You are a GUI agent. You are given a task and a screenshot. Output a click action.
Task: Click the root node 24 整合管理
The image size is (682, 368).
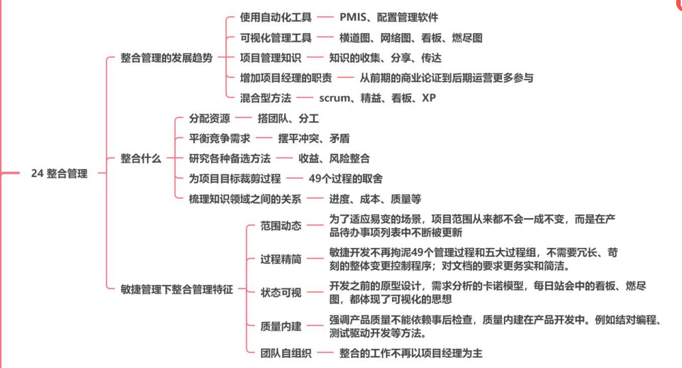click(59, 174)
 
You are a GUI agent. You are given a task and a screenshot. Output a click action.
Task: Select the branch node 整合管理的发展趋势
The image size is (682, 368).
click(167, 58)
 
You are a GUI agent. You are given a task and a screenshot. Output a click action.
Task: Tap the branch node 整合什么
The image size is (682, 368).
click(140, 158)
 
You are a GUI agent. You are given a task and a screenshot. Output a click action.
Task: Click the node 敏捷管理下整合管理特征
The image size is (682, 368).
click(177, 289)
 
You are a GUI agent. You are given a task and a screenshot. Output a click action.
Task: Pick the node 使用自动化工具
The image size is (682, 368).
click(275, 17)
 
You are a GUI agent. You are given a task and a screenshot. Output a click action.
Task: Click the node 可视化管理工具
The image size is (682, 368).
click(275, 38)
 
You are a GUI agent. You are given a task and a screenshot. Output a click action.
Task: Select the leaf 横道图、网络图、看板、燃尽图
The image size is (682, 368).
click(411, 38)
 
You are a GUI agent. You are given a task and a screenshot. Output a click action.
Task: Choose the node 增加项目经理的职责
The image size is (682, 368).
click(286, 78)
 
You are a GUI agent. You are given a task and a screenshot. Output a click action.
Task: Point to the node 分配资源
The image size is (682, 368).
click(210, 119)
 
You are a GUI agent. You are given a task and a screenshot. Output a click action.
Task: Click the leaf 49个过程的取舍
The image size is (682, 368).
click(345, 178)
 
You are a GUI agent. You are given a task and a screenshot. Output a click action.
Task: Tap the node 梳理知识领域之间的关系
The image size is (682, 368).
click(245, 198)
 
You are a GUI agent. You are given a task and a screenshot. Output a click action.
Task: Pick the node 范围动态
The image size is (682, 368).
click(281, 225)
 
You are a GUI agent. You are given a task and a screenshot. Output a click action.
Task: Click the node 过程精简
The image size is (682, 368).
click(281, 259)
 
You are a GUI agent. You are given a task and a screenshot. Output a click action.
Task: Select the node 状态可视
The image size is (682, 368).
click(281, 292)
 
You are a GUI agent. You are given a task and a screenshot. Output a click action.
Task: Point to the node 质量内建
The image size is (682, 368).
click(281, 326)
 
